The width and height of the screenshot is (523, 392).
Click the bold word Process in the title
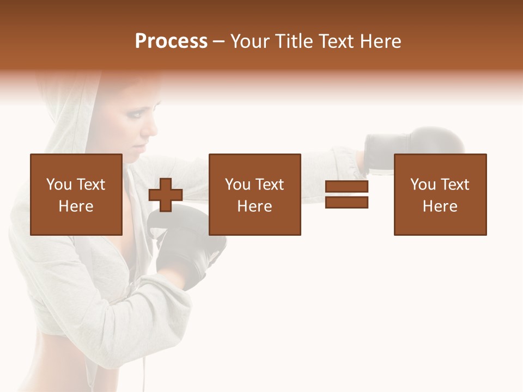click(x=171, y=41)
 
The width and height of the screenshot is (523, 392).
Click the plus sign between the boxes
click(x=166, y=195)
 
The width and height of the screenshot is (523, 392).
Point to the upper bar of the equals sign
click(x=346, y=187)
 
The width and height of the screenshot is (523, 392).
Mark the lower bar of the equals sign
click(x=346, y=203)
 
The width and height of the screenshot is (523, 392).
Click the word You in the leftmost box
click(x=58, y=185)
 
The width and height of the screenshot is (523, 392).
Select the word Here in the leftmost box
click(x=76, y=206)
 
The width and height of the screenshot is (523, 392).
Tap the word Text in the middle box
click(x=269, y=185)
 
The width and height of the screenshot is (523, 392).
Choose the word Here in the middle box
click(x=254, y=206)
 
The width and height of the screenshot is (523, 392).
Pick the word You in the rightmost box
click(x=422, y=185)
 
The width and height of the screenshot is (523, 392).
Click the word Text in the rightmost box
click(x=454, y=185)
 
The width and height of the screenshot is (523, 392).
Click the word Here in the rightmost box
click(x=440, y=206)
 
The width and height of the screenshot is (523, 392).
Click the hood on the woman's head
click(x=71, y=109)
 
